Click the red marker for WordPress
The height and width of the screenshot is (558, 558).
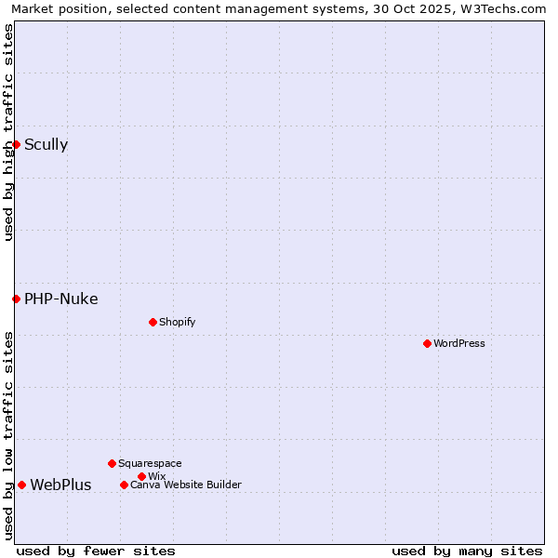coord(427,343)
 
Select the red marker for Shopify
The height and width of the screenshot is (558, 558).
coord(153,322)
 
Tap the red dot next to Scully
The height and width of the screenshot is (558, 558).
coord(16,144)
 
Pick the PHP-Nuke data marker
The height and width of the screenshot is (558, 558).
coord(16,299)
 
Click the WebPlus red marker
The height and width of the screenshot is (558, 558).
coord(21,485)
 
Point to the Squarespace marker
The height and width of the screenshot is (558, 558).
coord(112,463)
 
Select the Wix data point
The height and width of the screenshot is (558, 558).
coord(141,476)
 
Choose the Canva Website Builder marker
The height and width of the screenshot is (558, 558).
coord(124,485)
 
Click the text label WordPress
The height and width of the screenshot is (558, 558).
coord(459,343)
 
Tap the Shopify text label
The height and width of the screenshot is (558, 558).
coord(177,322)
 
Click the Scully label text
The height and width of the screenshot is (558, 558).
coord(46,144)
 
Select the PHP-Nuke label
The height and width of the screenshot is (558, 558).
coord(60,299)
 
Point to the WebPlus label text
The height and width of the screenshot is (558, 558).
coord(60,485)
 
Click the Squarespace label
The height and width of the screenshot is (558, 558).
coord(150,463)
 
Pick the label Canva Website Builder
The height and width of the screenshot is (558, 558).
coord(185,485)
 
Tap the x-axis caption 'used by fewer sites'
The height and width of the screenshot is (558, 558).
coord(96,551)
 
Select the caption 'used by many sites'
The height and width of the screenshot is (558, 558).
coord(467,551)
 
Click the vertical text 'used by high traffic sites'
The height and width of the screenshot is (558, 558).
coord(8,132)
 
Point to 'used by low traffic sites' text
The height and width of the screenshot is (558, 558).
coord(8,435)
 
